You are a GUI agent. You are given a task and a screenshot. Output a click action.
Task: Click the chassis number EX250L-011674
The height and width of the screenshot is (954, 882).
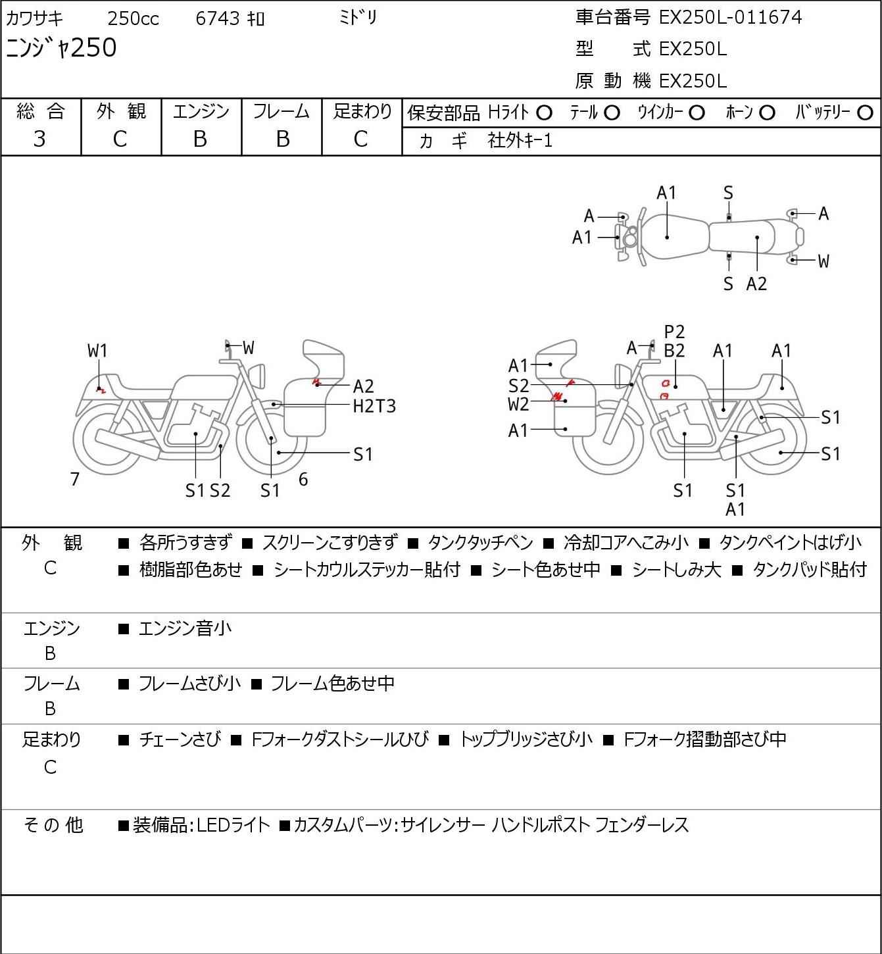coord(730,17)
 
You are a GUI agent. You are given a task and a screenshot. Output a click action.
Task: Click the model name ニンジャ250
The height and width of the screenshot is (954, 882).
coord(61,48)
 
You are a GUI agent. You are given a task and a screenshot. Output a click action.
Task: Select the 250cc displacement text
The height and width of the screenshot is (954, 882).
coord(133,18)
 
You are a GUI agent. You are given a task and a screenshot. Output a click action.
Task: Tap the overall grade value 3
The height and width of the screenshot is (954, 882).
coord(40,139)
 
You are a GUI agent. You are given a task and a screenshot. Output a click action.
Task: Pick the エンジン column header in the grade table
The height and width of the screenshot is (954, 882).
coord(201,111)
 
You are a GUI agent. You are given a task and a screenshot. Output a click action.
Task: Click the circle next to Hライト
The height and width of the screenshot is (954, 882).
coord(544,113)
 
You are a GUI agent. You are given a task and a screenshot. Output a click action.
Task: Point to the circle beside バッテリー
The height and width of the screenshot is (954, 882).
coord(866,113)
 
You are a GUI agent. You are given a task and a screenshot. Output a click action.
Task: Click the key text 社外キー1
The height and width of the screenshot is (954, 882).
coord(520,140)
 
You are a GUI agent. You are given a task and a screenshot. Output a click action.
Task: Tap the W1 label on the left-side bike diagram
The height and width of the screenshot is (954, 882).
coord(97,351)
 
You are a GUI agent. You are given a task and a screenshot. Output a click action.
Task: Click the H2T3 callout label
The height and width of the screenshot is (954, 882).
coord(374,406)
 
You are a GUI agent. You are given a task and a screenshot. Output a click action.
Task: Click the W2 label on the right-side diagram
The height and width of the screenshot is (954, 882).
coord(518,404)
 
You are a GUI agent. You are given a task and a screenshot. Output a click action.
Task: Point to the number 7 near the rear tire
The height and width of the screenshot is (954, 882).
coord(75,479)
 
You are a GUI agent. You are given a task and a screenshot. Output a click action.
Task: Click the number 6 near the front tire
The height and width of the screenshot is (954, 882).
coord(303,479)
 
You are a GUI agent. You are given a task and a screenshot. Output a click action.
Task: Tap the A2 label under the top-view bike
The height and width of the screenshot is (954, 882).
coord(756,284)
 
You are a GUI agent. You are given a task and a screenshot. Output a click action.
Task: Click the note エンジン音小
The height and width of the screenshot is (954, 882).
coord(185,629)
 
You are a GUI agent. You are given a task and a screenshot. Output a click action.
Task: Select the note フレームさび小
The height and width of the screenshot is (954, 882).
coord(189,684)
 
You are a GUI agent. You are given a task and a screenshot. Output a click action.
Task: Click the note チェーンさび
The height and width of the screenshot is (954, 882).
coord(180,740)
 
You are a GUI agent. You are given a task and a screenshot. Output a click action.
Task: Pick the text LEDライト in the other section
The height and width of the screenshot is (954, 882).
coord(233,825)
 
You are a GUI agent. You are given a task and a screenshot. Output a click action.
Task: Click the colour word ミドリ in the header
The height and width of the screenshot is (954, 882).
coord(358,18)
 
